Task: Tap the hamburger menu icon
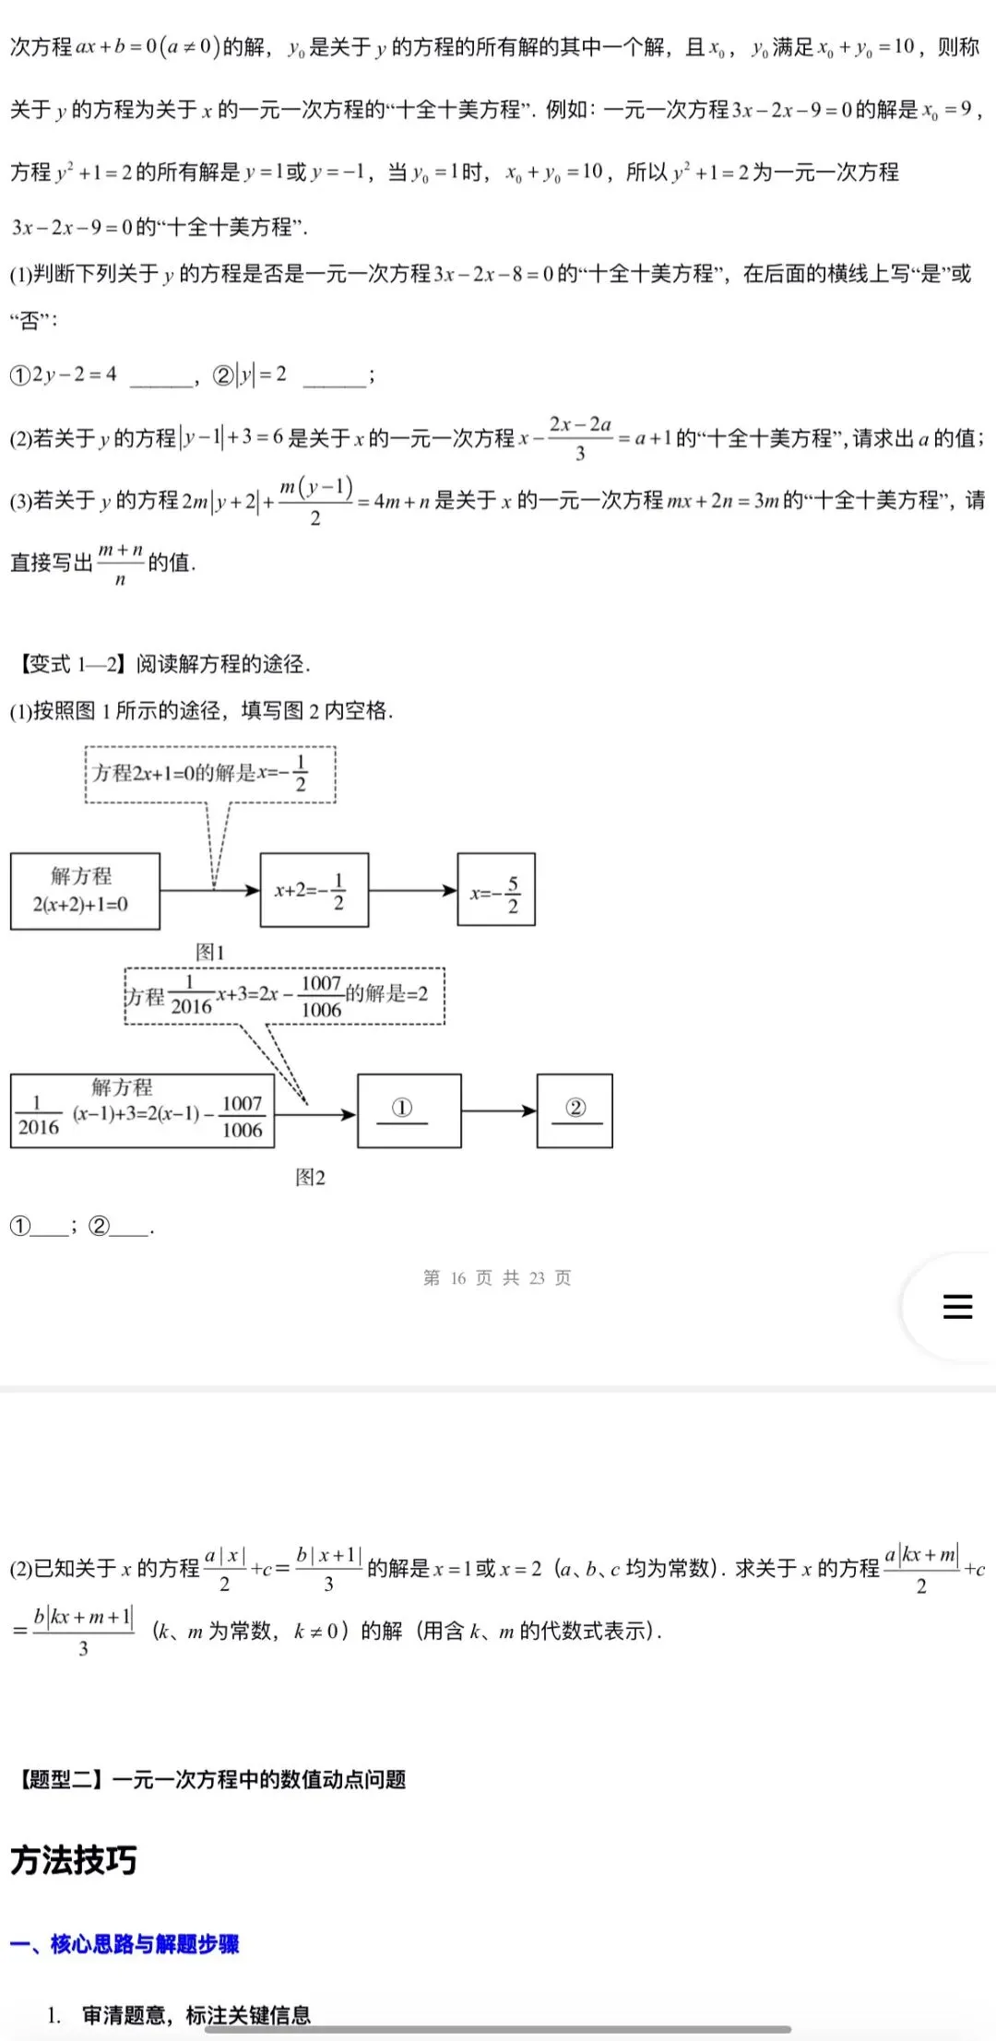tap(957, 1306)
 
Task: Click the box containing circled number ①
tap(409, 1110)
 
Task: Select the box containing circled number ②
tap(575, 1110)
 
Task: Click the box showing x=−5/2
tap(496, 890)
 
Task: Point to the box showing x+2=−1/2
tap(314, 890)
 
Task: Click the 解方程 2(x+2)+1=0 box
tap(85, 891)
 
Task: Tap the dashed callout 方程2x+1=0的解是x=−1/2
tap(210, 775)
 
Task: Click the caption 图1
tap(210, 952)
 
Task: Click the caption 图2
tap(310, 1177)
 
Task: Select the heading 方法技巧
tap(74, 1860)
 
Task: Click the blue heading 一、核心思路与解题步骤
tap(125, 1944)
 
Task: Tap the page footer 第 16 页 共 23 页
tap(497, 1277)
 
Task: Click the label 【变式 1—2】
tap(72, 664)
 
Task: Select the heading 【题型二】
tap(61, 1779)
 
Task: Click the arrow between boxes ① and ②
tap(499, 1110)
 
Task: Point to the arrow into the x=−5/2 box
tap(413, 890)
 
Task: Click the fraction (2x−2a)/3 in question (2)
tap(580, 438)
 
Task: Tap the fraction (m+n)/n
tap(120, 564)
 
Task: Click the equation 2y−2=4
tap(75, 374)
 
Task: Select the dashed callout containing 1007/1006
tap(285, 996)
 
